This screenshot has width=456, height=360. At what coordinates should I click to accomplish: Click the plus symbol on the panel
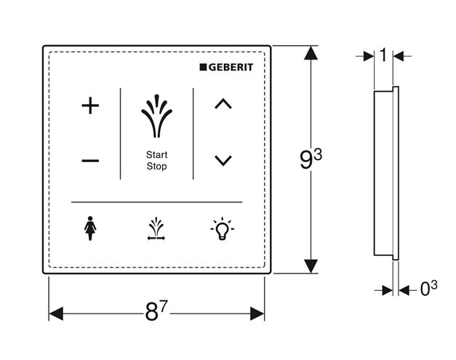[x=90, y=105]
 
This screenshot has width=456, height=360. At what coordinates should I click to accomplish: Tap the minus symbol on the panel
[x=90, y=160]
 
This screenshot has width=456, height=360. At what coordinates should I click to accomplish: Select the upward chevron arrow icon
[x=223, y=103]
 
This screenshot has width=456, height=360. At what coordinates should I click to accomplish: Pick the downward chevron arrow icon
[x=223, y=161]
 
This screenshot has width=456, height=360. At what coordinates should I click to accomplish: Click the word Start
[x=157, y=155]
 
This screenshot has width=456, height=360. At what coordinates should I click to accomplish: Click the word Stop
[x=157, y=167]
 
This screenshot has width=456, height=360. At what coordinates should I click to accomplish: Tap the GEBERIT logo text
[x=231, y=67]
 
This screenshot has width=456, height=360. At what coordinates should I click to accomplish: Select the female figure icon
[x=90, y=228]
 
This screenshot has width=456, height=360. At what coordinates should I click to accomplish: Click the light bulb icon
[x=223, y=229]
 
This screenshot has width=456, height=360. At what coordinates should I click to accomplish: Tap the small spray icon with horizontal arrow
[x=156, y=229]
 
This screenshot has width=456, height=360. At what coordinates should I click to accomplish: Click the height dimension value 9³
[x=311, y=159]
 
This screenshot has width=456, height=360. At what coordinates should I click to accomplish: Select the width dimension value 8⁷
[x=156, y=311]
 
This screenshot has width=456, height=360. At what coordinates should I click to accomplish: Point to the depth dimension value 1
[x=383, y=55]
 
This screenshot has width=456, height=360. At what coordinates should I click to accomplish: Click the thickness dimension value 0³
[x=428, y=288]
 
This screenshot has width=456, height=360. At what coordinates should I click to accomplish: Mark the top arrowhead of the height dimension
[x=311, y=53]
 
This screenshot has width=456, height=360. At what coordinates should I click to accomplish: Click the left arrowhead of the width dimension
[x=56, y=313]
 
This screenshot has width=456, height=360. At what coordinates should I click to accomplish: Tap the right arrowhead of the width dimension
[x=257, y=313]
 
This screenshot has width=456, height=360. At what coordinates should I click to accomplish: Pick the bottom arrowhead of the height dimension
[x=311, y=266]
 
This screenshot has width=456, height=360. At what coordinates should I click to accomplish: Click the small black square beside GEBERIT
[x=203, y=67]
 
